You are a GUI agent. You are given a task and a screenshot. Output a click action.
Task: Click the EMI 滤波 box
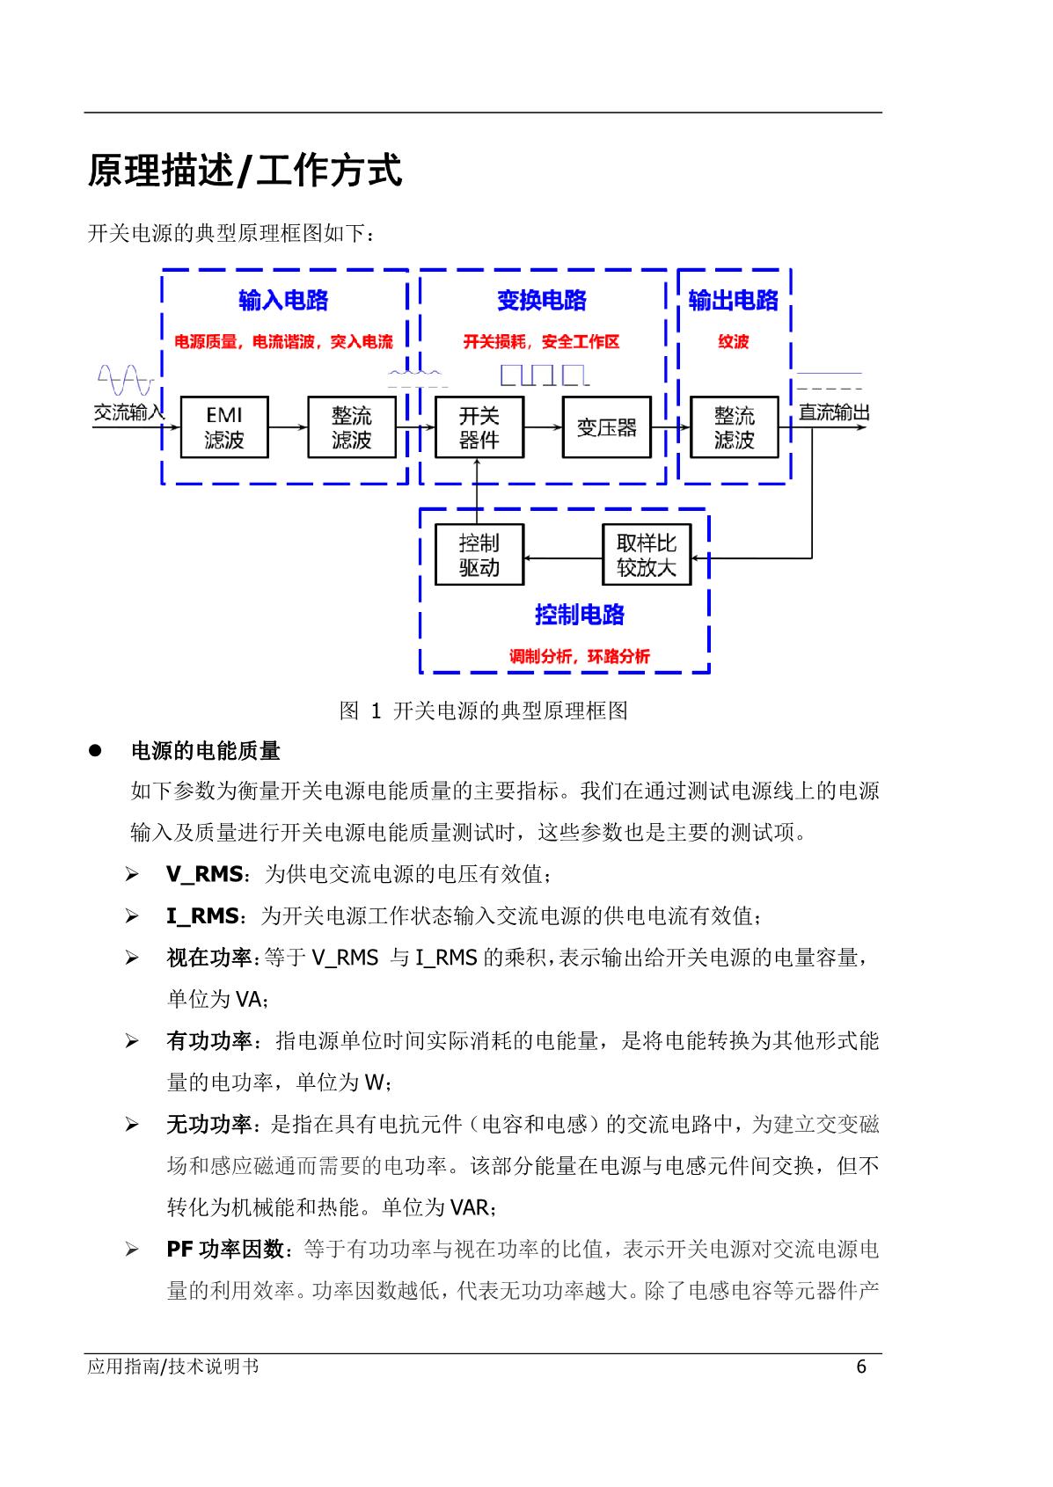pyautogui.click(x=224, y=426)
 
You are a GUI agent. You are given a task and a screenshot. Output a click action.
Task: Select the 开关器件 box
pyautogui.click(x=479, y=426)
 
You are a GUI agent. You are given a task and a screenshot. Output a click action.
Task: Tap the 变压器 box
pyautogui.click(x=606, y=426)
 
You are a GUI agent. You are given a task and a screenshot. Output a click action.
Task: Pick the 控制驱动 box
pyautogui.click(x=479, y=554)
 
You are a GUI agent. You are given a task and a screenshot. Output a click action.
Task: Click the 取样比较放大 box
pyautogui.click(x=646, y=554)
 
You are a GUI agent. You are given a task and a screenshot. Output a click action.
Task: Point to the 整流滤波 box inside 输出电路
pyautogui.click(x=734, y=426)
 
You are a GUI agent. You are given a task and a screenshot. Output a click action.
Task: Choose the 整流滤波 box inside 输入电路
pyautogui.click(x=351, y=426)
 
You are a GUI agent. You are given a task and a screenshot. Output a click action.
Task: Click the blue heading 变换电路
pyautogui.click(x=542, y=300)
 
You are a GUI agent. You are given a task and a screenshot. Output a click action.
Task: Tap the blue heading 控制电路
pyautogui.click(x=580, y=614)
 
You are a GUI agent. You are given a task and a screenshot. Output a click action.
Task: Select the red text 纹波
pyautogui.click(x=733, y=341)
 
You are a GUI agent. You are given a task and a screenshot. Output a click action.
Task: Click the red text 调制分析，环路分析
pyautogui.click(x=579, y=656)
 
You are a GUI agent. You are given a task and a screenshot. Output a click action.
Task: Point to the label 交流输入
pyautogui.click(x=128, y=412)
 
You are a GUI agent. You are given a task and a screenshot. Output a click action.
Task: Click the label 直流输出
pyautogui.click(x=834, y=412)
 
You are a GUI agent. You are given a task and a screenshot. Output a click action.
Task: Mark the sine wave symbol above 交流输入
pyautogui.click(x=126, y=380)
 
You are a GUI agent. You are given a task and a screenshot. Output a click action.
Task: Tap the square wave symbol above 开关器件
pyautogui.click(x=545, y=375)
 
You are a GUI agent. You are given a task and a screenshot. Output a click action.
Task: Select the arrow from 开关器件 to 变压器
pyautogui.click(x=543, y=426)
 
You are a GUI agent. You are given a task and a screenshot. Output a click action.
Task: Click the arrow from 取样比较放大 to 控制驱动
pyautogui.click(x=563, y=558)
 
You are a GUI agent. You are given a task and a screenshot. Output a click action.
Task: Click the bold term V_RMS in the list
pyautogui.click(x=204, y=873)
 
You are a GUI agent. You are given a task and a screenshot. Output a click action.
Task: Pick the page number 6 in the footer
pyautogui.click(x=861, y=1367)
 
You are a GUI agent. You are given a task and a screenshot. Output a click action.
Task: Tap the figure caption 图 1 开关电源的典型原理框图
pyautogui.click(x=483, y=711)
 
